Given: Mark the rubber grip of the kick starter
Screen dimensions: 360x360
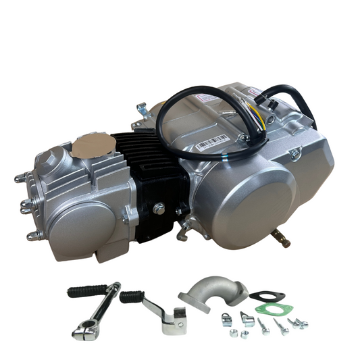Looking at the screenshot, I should pyautogui.click(x=84, y=291).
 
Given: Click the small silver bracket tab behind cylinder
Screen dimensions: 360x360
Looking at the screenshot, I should pyautogui.click(x=141, y=108).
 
